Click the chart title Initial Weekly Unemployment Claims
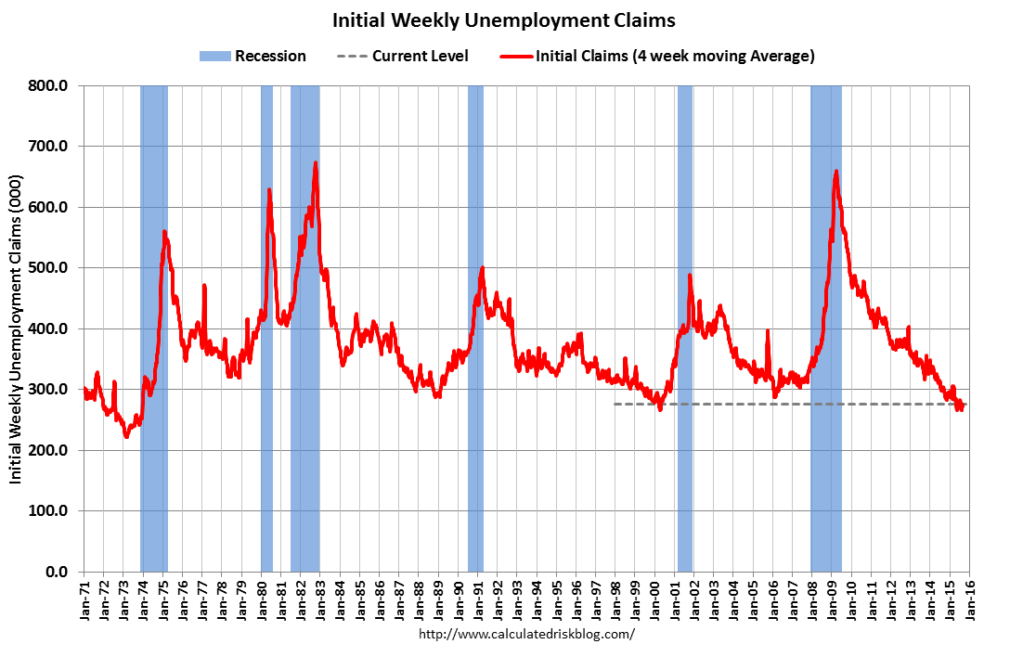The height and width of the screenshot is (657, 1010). [504, 19]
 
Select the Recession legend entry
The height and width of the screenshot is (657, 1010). [252, 56]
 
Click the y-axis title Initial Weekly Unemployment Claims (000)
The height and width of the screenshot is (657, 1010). [17, 328]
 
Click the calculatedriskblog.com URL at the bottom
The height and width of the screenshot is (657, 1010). [526, 635]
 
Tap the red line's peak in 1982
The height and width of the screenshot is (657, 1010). [316, 163]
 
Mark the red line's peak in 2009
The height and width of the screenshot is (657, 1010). [836, 172]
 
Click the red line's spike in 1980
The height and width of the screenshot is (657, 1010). [269, 190]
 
